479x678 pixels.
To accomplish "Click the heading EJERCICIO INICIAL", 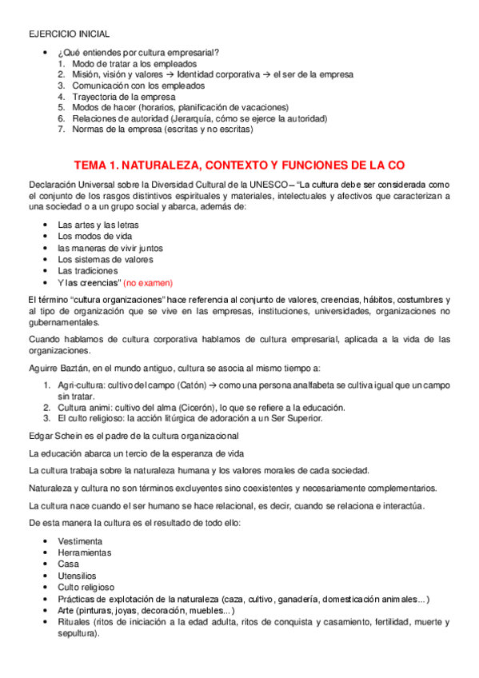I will coord(69,34).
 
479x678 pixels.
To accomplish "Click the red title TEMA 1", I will coord(240,166).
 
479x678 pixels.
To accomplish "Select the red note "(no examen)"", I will coord(148,283).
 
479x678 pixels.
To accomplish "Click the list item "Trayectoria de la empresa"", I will coord(118,96).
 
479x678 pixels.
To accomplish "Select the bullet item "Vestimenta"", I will coord(80,541).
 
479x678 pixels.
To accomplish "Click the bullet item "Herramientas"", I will coord(85,552).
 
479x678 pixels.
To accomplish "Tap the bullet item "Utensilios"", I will coord(78,575).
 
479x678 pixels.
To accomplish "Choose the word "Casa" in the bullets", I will coord(68,564).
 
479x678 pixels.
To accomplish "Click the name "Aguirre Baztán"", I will coord(61,368).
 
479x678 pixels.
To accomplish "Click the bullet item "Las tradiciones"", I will coord(88,271).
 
